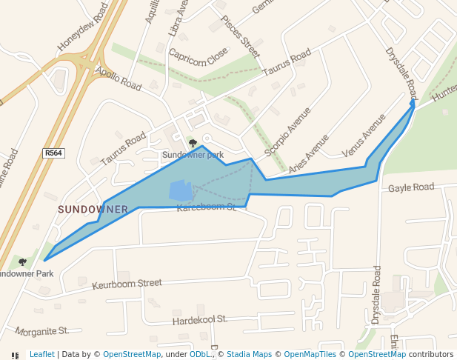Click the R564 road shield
[x=53, y=153]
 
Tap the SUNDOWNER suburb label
[x=93, y=210]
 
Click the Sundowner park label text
[x=193, y=155]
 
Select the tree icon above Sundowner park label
[x=193, y=143]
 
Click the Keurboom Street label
[x=127, y=284]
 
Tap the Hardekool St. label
[x=199, y=320]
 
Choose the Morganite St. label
[x=41, y=330]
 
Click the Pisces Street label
[x=241, y=37]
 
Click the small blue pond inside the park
[x=181, y=190]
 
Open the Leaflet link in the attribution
[x=41, y=354]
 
